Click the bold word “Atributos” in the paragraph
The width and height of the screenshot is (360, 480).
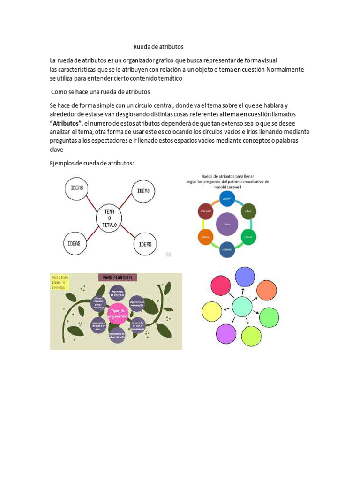point(66,123)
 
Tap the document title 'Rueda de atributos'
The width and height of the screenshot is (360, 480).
point(158,47)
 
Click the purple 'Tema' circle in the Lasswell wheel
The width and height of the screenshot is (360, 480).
point(227,224)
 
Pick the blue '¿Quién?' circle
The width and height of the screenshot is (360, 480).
point(227,198)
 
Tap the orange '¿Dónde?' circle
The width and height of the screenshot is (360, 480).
point(205,237)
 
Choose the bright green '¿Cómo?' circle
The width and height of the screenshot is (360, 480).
point(249,237)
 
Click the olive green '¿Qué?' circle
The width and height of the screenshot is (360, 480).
point(248,211)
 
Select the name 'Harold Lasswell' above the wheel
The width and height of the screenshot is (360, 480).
point(227,186)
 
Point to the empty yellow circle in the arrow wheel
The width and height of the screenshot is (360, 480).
point(211,312)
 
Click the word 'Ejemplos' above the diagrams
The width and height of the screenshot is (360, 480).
point(63,163)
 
